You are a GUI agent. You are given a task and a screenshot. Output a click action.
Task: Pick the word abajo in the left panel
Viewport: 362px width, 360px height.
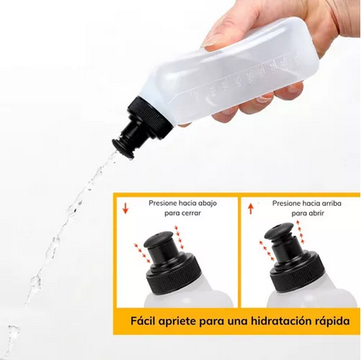click(x=214, y=204)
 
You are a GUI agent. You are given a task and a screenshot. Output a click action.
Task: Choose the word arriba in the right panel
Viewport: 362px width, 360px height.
click(x=330, y=204)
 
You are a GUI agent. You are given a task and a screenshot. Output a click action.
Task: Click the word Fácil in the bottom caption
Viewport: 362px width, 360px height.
click(x=145, y=323)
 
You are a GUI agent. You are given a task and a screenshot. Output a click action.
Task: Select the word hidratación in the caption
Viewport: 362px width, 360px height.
click(x=274, y=323)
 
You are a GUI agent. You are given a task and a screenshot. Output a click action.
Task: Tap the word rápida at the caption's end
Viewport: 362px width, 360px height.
click(x=326, y=323)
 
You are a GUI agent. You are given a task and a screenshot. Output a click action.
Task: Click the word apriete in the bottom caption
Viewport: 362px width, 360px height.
click(x=185, y=323)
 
